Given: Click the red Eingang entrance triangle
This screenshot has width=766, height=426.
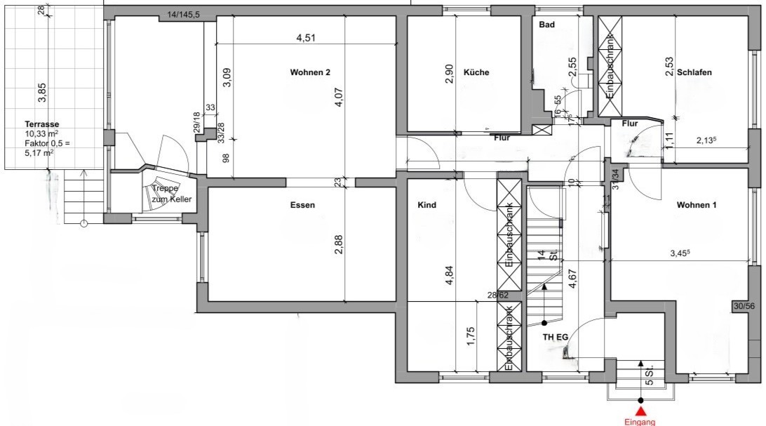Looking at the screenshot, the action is tap(640, 400).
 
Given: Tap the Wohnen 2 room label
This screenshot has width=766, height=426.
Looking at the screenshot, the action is tap(310, 72).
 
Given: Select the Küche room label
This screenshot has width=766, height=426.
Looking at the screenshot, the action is tap(476, 72).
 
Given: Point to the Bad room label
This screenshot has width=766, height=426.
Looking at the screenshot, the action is tap(546, 25).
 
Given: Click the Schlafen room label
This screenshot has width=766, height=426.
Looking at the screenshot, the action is tap(694, 72).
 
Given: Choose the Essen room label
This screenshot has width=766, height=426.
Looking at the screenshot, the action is tap(302, 205).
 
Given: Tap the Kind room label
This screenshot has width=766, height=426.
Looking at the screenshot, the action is tap(427, 205).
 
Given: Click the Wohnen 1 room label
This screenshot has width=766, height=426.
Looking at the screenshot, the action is tap(696, 205).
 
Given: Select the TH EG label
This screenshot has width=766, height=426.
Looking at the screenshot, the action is tap(556, 337).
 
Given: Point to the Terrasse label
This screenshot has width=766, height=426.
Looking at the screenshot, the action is tap(42, 124).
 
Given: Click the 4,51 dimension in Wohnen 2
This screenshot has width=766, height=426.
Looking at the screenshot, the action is tap(306, 38).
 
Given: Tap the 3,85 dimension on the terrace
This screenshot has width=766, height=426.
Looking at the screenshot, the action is tap(42, 93).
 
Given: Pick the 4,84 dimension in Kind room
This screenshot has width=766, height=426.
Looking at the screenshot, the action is tap(450, 275).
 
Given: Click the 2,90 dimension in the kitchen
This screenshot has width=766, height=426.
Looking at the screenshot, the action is tap(450, 74).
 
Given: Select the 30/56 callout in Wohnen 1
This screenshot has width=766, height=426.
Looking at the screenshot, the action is tap(744, 306).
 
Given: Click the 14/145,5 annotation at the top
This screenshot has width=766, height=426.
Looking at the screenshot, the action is tap(183, 15).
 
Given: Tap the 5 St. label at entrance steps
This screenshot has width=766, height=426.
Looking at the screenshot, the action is tap(650, 375).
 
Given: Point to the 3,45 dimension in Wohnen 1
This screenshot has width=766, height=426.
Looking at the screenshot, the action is tap(680, 253).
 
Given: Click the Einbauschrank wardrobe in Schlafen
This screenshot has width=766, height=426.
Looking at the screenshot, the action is tap(610, 67).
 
